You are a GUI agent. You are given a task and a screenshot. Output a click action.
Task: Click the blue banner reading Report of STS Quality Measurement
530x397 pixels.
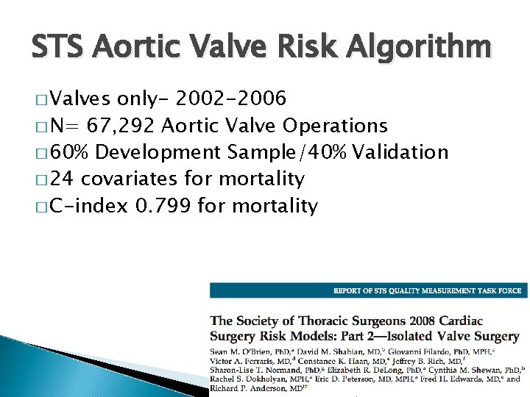368,290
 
